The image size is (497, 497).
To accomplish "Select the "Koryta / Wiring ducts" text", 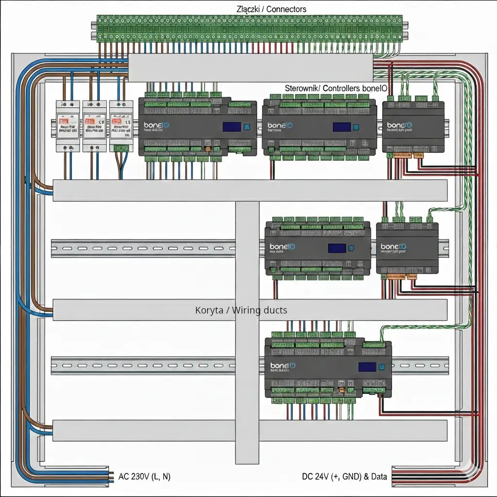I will tap(241, 310).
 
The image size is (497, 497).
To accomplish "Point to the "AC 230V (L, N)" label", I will tap(145, 477).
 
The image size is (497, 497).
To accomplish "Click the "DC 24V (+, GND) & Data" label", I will tap(345, 477).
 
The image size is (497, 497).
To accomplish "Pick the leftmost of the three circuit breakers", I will tap(67, 126).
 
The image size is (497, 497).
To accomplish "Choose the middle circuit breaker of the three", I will tap(94, 126).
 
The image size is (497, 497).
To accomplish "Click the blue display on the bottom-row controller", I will tap(367, 367).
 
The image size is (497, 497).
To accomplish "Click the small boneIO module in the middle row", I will tap(407, 248).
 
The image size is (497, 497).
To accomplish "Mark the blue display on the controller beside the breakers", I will tap(231, 127).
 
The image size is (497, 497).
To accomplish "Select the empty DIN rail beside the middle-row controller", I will tap(146, 248).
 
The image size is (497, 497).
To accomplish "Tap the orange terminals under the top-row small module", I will tap(404, 156).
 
